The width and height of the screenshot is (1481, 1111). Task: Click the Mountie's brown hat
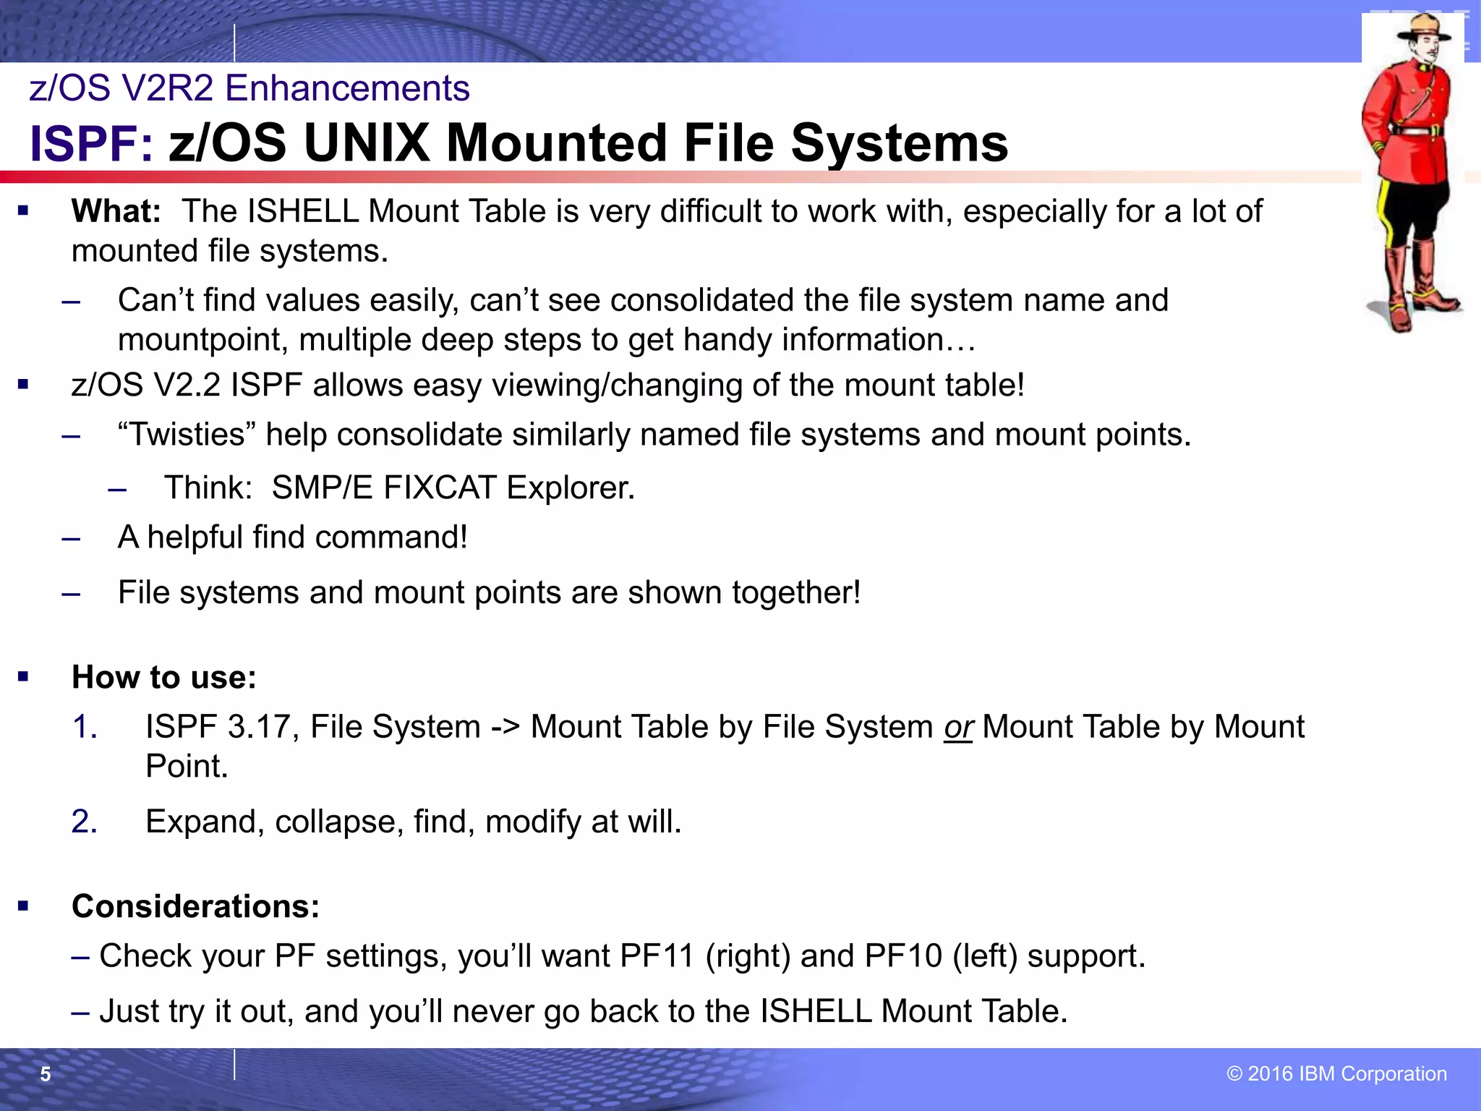coord(1422,29)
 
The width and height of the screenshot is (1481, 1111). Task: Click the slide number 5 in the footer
coord(46,1074)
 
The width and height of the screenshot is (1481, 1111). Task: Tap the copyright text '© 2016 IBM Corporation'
coord(1336,1073)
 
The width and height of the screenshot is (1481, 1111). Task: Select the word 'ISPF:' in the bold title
coord(91,143)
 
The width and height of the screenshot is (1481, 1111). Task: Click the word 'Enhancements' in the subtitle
coord(347,88)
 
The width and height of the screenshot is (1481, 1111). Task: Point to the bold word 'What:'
coord(116,211)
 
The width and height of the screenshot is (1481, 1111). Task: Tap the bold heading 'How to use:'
coord(164,678)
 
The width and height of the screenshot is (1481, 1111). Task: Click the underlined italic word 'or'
coord(958,727)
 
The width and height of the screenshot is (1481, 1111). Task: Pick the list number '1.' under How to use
coord(85,727)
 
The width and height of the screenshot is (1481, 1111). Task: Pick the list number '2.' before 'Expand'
coord(85,822)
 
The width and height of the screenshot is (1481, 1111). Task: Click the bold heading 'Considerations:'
coord(195,906)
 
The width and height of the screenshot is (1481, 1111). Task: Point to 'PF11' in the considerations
coord(657,956)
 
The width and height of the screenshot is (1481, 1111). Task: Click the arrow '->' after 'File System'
coord(505,727)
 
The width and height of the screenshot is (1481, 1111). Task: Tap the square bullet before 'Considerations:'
coord(23,906)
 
